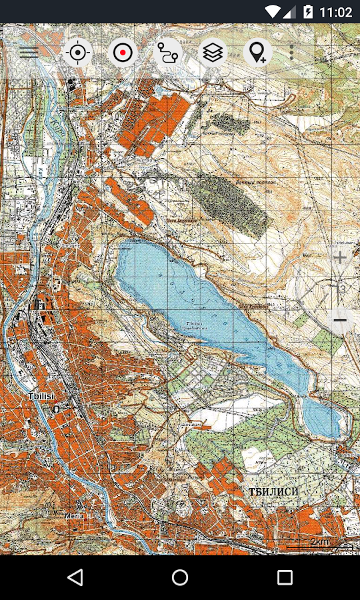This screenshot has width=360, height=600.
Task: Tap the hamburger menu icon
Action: coord(29,53)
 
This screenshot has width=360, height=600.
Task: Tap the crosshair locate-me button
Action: coord(77,53)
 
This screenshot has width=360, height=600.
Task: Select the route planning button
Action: coord(167,53)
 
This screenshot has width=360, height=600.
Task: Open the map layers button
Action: coord(213,53)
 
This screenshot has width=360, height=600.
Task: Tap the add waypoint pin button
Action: coord(257,53)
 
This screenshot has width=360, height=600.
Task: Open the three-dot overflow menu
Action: coord(292,53)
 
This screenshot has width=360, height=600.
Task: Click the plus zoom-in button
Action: coord(340,257)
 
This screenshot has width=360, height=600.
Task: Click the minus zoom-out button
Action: coord(340,321)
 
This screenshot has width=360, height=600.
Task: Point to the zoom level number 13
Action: coord(341,289)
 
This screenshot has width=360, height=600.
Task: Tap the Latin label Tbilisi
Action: coord(41,396)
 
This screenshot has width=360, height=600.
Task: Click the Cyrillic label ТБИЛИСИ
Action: coord(274,492)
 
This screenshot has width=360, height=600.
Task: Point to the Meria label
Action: coord(73,515)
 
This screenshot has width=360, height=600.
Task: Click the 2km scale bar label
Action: coord(320,541)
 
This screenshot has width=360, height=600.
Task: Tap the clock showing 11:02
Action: coord(335,12)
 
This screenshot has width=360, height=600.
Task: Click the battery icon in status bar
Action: coord(308,12)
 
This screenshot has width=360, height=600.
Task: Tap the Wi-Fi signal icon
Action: coord(272,12)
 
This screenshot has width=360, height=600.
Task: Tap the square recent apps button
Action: coord(285,577)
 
